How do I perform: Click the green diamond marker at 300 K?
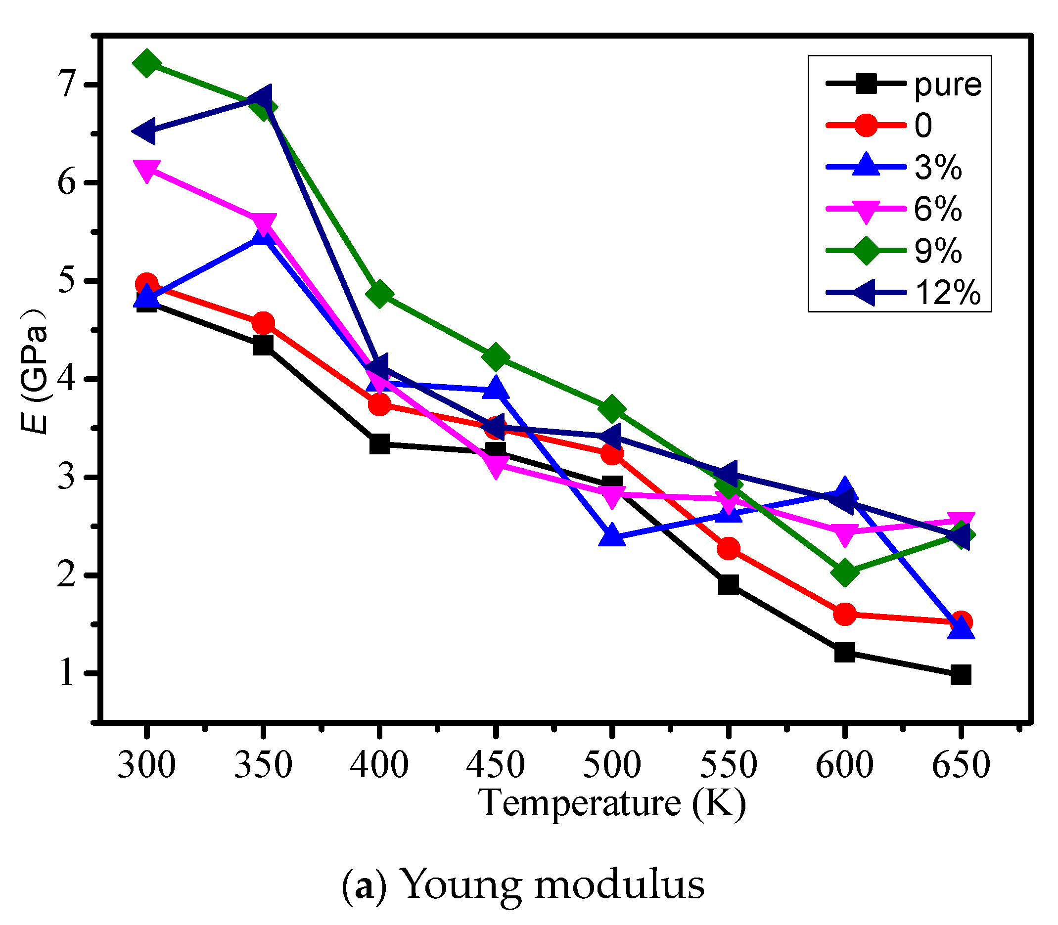146,63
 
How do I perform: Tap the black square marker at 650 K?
961,675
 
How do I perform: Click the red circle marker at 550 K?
728,548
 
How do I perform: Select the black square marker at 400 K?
379,443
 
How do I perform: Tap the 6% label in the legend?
938,209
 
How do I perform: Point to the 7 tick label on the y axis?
67,84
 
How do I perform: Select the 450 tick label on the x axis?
495,764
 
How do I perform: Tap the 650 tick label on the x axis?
961,764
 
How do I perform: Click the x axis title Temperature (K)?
612,803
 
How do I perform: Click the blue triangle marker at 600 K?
845,489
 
